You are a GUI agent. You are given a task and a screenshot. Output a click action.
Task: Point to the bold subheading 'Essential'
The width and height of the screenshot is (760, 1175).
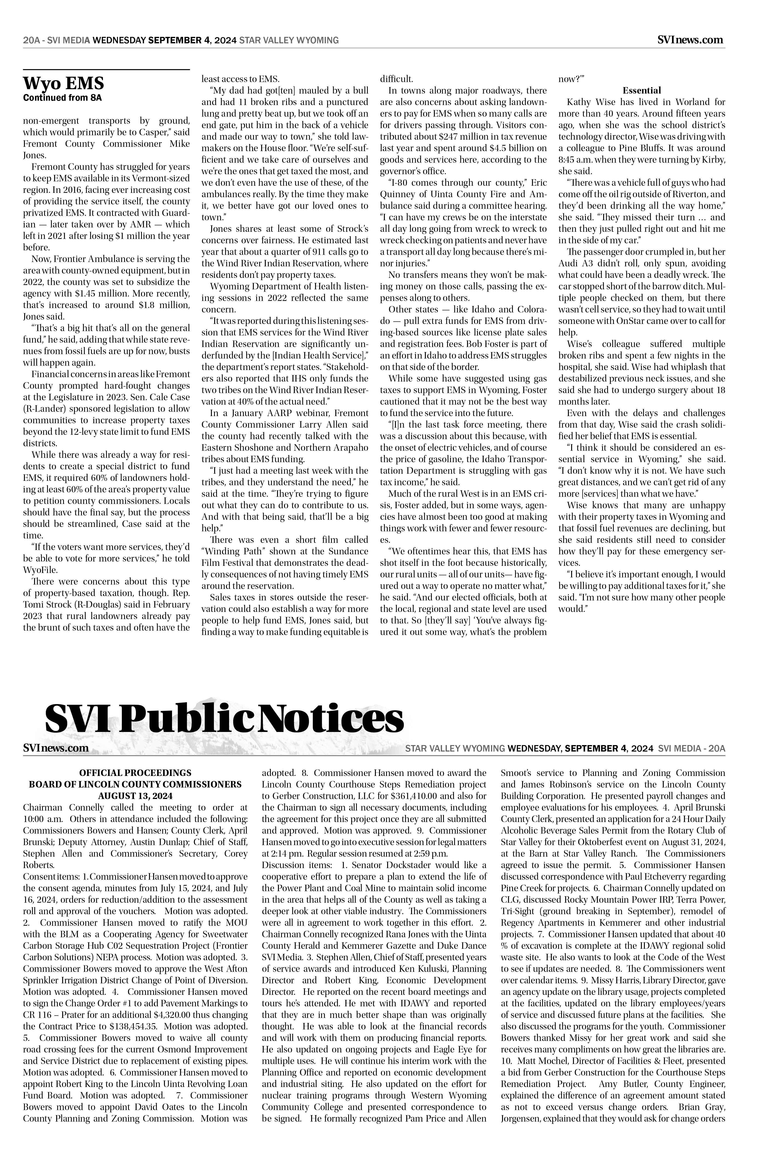(x=642, y=90)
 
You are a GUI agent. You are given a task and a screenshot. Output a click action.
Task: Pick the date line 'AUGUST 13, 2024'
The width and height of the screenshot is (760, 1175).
(x=135, y=796)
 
